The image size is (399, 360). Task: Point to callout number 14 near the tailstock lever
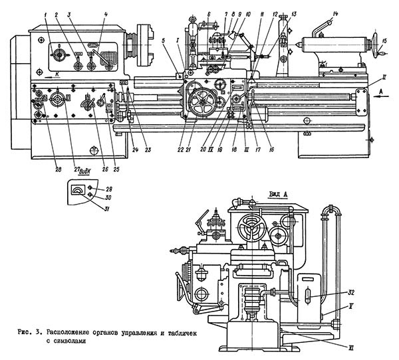(335, 14)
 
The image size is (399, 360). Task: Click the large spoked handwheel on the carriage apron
(199, 102)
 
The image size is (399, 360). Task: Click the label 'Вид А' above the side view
(278, 193)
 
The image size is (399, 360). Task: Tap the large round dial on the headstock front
(61, 53)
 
